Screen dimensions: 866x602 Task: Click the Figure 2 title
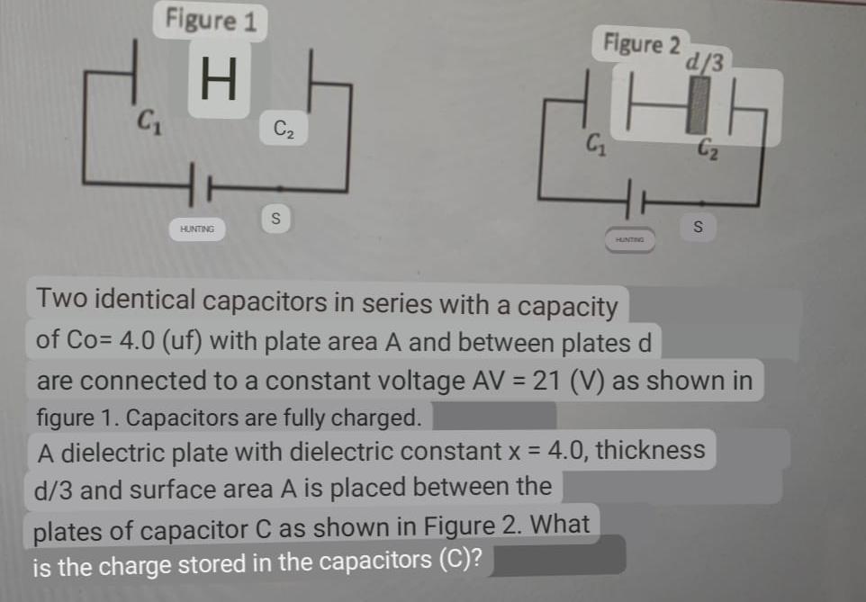(x=642, y=42)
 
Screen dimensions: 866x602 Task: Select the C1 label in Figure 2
(x=595, y=141)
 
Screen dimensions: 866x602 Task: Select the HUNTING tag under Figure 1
(x=197, y=230)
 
